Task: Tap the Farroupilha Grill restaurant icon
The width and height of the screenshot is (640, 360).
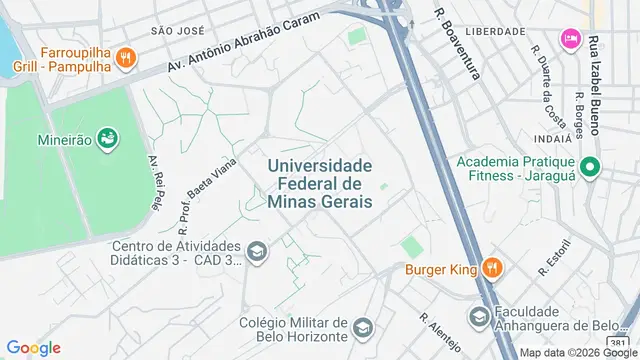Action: [x=125, y=57]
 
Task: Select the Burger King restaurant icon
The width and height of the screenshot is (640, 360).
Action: [x=491, y=268]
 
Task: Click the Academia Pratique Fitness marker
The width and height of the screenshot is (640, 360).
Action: [x=589, y=168]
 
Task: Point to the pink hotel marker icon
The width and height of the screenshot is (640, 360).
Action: [x=569, y=38]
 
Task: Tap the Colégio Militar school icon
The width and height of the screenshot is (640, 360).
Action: [x=363, y=328]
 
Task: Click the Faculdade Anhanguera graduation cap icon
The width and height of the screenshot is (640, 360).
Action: [x=480, y=317]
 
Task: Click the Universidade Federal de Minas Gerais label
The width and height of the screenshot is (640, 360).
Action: [x=320, y=183]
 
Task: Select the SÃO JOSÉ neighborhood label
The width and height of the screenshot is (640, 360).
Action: [x=176, y=31]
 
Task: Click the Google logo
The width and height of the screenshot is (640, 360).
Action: [x=33, y=348]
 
